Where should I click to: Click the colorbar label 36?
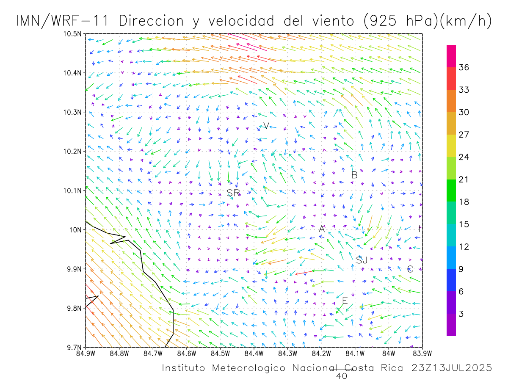coord(464,67)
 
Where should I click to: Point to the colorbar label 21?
coord(464,179)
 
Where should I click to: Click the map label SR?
coord(233,193)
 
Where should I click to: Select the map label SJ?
coord(362,260)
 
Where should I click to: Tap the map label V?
coord(266,125)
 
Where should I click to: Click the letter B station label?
coord(354,175)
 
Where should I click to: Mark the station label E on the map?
coord(345,301)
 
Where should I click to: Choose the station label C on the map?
coord(410,269)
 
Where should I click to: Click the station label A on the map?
coord(322,229)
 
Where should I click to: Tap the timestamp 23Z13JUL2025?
coord(452,368)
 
